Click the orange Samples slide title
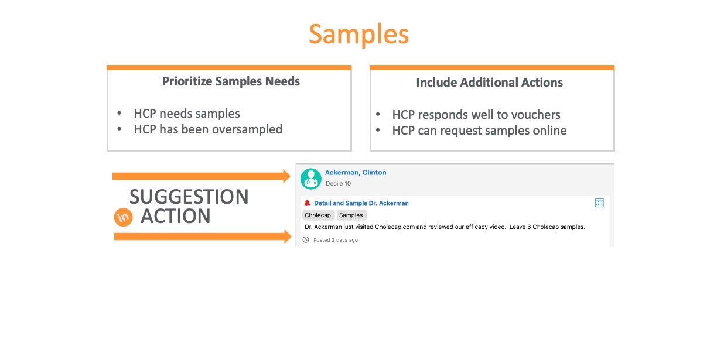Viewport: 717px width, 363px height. pyautogui.click(x=359, y=35)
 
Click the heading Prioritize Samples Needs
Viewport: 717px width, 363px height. pyautogui.click(x=231, y=81)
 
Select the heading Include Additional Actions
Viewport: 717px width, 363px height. pyautogui.click(x=489, y=82)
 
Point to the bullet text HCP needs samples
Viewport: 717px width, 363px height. pyautogui.click(x=187, y=114)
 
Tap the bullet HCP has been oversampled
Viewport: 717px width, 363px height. pyautogui.click(x=208, y=129)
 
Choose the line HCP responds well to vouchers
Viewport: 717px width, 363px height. pyautogui.click(x=476, y=115)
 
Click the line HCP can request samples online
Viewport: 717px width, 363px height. pyautogui.click(x=480, y=131)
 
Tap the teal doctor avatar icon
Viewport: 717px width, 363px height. pyautogui.click(x=311, y=179)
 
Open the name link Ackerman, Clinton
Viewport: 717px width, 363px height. pyautogui.click(x=356, y=172)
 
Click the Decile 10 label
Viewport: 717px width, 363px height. pyautogui.click(x=339, y=184)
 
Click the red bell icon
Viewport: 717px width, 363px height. pyautogui.click(x=308, y=203)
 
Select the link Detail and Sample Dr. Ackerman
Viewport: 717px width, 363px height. pyautogui.click(x=361, y=203)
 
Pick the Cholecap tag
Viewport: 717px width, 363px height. pyautogui.click(x=318, y=215)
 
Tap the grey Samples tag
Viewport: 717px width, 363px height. pyautogui.click(x=351, y=215)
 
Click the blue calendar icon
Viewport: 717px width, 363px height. pyautogui.click(x=599, y=203)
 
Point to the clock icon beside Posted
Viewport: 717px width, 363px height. pyautogui.click(x=306, y=240)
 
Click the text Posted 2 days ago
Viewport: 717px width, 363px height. pyautogui.click(x=336, y=240)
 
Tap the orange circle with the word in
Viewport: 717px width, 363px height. pyautogui.click(x=123, y=217)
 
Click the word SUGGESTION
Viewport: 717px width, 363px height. pyautogui.click(x=189, y=197)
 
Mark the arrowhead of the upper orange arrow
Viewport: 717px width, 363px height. pyautogui.click(x=291, y=176)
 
